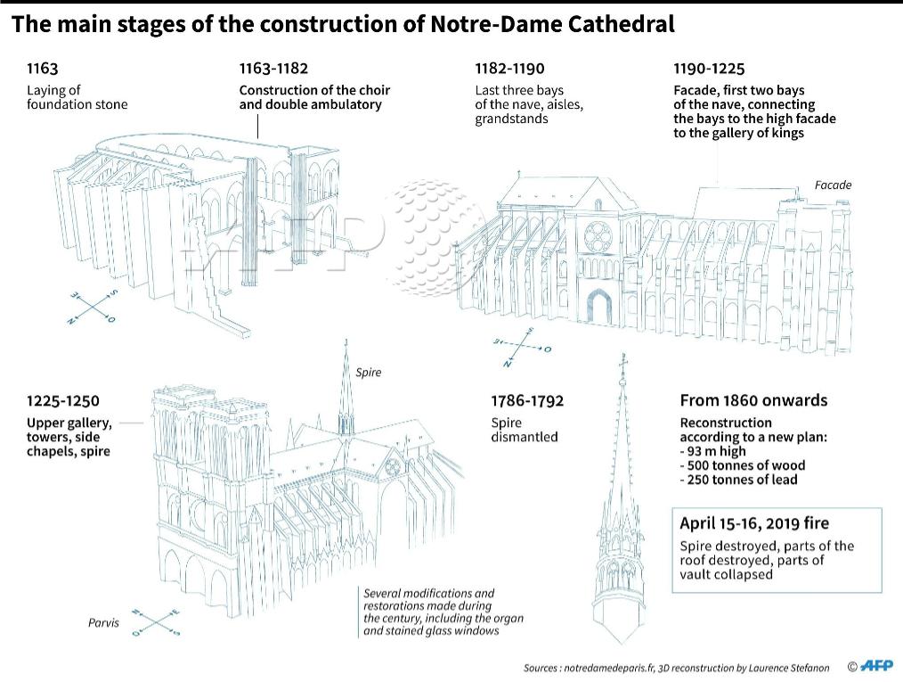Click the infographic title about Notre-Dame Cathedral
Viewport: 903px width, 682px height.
pyautogui.click(x=343, y=24)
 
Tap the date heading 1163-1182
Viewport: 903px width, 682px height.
pyautogui.click(x=273, y=69)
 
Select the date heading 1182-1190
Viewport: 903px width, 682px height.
pyautogui.click(x=509, y=69)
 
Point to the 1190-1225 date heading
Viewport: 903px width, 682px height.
pyautogui.click(x=709, y=69)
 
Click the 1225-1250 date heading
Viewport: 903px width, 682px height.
pyautogui.click(x=62, y=400)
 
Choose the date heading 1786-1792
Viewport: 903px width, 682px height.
pyautogui.click(x=527, y=400)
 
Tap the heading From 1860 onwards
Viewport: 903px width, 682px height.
pyautogui.click(x=753, y=400)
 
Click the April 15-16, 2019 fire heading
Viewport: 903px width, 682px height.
pyautogui.click(x=754, y=523)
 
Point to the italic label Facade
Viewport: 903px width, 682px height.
pyautogui.click(x=833, y=185)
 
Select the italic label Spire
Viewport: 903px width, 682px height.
pyautogui.click(x=368, y=373)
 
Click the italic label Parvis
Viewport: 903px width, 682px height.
pyautogui.click(x=103, y=622)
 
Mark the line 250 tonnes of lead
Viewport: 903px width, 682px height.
pyautogui.click(x=741, y=480)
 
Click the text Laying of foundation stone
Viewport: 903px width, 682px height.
pyautogui.click(x=77, y=97)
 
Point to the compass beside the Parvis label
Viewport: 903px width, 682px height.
pyautogui.click(x=155, y=621)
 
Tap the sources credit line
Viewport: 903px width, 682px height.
pyautogui.click(x=676, y=668)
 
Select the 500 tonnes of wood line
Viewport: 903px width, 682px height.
pyautogui.click(x=744, y=465)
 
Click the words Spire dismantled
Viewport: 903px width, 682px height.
pyautogui.click(x=524, y=430)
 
